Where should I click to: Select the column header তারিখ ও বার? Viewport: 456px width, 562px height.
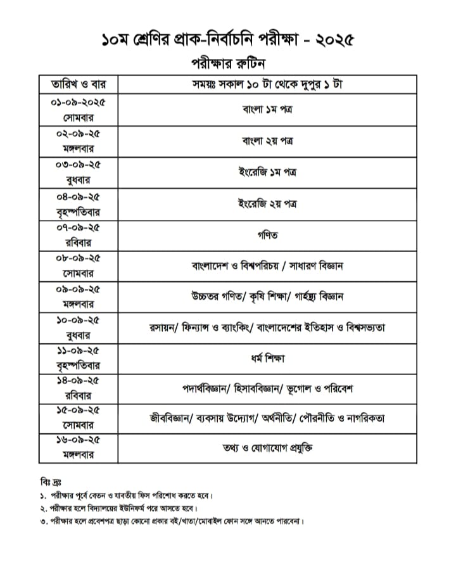point(77,85)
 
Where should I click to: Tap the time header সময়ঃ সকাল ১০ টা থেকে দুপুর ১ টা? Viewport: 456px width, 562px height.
point(267,85)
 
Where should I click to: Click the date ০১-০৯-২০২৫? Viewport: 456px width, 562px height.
point(77,102)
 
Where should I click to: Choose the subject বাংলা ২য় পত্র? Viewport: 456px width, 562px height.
point(267,141)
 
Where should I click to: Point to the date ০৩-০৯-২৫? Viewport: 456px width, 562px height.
point(77,164)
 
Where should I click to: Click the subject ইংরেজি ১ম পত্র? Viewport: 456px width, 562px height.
point(267,172)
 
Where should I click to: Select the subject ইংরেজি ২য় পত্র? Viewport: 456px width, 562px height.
point(267,204)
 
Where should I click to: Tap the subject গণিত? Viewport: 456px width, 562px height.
point(267,235)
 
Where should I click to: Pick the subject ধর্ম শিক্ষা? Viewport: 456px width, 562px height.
point(267,359)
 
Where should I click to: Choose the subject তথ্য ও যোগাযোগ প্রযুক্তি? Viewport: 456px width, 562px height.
point(267,449)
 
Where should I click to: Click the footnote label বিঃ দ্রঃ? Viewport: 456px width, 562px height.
point(49,483)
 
